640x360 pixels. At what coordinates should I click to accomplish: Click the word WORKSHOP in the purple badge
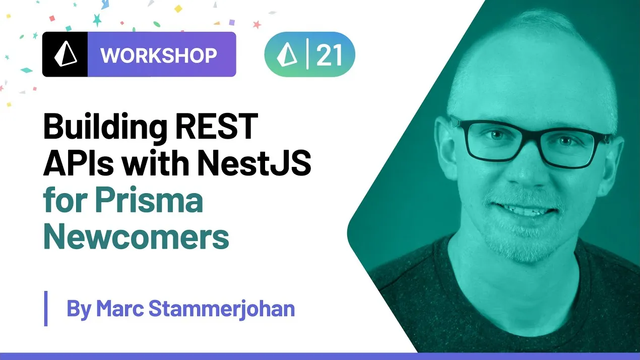point(159,55)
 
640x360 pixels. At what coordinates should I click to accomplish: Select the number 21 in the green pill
point(329,54)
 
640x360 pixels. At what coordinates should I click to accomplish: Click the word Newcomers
point(136,237)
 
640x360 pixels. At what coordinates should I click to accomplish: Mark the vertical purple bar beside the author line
point(46,308)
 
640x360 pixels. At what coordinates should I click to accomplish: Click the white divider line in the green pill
point(307,54)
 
